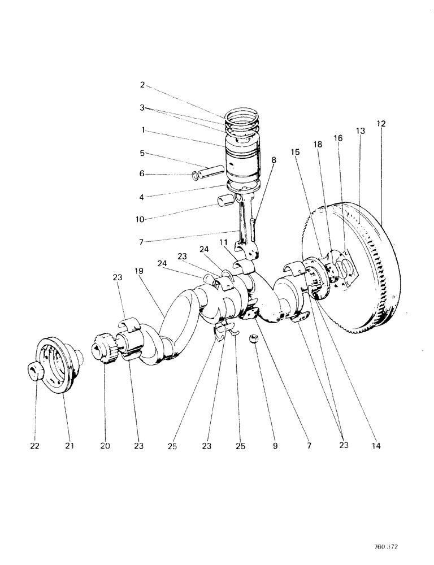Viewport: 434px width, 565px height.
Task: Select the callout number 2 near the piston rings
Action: point(142,85)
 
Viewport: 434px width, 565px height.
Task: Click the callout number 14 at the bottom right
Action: point(377,446)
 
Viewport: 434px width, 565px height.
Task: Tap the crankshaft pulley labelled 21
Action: point(57,367)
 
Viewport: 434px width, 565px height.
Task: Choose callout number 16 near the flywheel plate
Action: point(339,137)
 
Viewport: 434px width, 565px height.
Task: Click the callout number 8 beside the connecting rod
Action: point(274,160)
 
